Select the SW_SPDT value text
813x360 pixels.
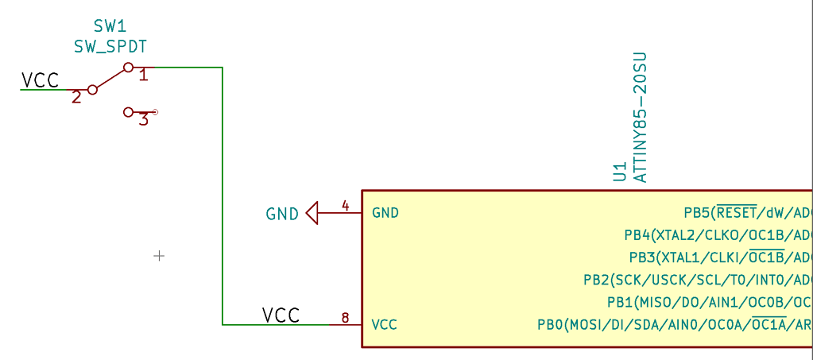click(110, 47)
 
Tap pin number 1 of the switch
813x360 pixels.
click(144, 75)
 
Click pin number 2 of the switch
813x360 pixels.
click(76, 98)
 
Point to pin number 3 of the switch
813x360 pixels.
click(143, 121)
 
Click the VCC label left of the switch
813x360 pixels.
click(40, 80)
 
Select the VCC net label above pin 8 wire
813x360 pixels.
click(281, 315)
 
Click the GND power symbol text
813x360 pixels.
click(282, 214)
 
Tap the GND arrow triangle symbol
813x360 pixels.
click(312, 213)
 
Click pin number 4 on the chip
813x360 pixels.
click(346, 206)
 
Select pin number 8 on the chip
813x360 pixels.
click(346, 318)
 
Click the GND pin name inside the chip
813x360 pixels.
click(385, 213)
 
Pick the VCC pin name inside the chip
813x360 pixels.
click(385, 325)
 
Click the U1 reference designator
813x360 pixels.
click(620, 173)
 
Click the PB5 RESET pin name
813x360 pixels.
click(747, 213)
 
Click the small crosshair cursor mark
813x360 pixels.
click(159, 256)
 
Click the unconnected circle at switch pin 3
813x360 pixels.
click(155, 113)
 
